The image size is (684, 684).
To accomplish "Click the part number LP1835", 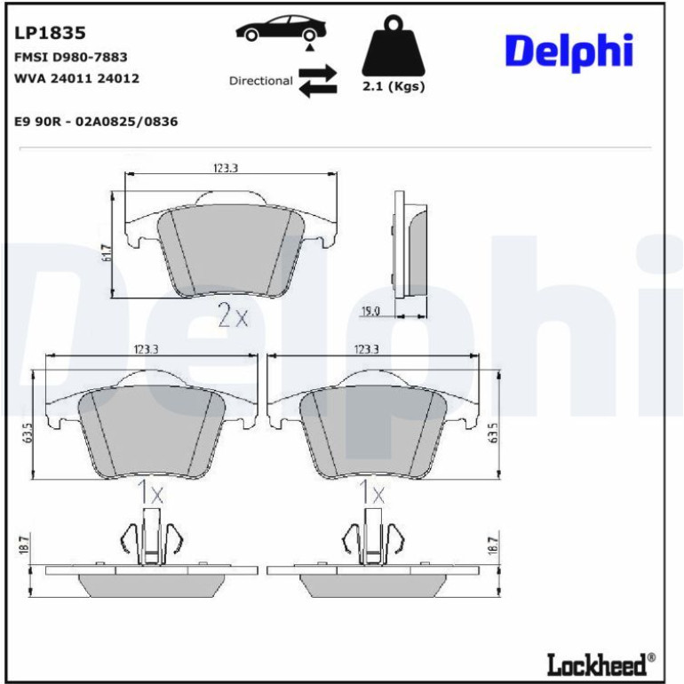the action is (50, 33).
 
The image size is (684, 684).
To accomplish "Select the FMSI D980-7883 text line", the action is (71, 57).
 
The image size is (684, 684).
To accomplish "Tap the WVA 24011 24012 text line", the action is (76, 78).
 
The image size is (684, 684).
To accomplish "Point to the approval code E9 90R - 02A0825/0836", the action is (96, 122).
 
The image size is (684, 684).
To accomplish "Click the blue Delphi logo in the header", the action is (569, 52).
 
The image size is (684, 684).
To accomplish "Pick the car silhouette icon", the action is (282, 28).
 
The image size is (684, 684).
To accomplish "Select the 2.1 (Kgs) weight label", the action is (394, 86).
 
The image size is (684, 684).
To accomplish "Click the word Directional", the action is (261, 81).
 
